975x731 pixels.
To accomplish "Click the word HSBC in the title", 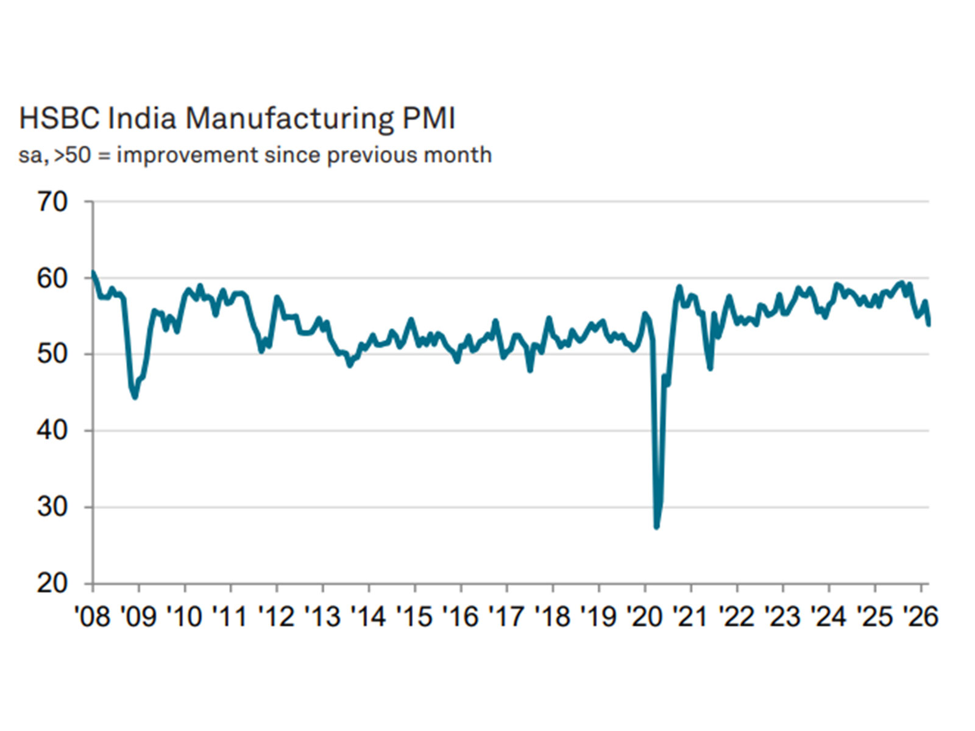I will pyautogui.click(x=58, y=118).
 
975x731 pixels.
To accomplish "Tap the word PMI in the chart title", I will pyautogui.click(x=428, y=118).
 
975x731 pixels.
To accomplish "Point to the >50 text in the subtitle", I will pyautogui.click(x=72, y=155).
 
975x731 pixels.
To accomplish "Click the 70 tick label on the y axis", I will pyautogui.click(x=52, y=202).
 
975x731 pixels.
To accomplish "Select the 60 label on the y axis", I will pyautogui.click(x=52, y=278).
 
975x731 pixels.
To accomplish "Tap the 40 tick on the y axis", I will pyautogui.click(x=52, y=431).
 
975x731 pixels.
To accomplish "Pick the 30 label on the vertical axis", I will pyautogui.click(x=52, y=507).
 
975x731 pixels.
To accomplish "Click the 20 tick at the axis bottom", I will pyautogui.click(x=52, y=584).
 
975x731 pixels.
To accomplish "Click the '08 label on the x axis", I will pyautogui.click(x=92, y=616).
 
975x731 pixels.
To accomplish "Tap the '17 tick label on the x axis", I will pyautogui.click(x=506, y=616).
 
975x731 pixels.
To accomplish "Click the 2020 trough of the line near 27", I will pyautogui.click(x=656, y=526).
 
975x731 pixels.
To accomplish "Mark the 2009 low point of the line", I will pyautogui.click(x=135, y=397).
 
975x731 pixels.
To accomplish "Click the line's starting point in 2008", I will pyautogui.click(x=93, y=272).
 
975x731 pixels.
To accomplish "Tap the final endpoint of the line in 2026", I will pyautogui.click(x=929, y=324).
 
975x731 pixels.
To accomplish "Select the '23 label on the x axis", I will pyautogui.click(x=782, y=616).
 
